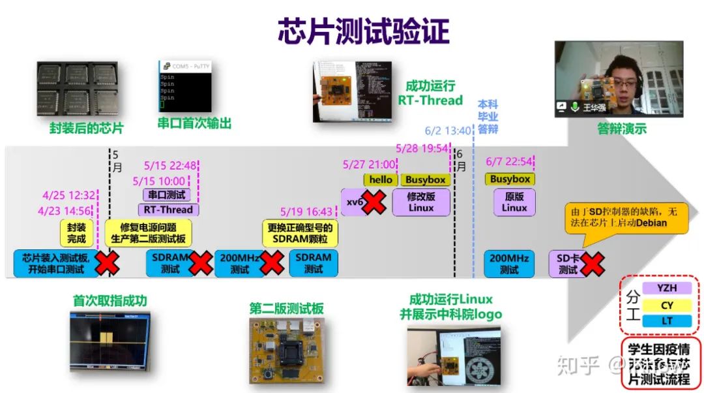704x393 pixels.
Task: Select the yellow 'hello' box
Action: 380,180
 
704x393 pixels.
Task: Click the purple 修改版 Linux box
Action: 420,202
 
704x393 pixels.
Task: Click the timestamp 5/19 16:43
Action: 306,212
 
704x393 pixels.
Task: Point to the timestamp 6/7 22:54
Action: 509,161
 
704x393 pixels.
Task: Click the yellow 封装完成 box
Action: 76,233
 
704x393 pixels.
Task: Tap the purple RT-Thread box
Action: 168,210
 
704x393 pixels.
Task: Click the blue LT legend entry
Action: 666,321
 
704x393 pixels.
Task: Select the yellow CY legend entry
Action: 666,305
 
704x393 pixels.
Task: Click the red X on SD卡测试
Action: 592,264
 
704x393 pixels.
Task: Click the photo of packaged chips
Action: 77,89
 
